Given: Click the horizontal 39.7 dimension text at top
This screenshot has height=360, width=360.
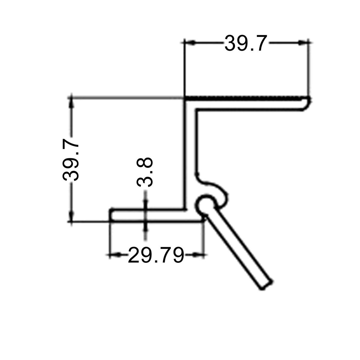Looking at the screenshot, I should (245, 43).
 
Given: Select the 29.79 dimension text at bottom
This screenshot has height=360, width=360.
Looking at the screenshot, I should (156, 255).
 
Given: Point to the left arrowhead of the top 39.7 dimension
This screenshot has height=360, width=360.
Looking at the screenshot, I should (190, 43).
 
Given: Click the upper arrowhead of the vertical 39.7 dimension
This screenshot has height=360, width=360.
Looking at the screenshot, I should (71, 102).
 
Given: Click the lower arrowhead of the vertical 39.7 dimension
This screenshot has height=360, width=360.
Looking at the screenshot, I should (71, 217).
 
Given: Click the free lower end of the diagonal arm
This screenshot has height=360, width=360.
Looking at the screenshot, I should (266, 285).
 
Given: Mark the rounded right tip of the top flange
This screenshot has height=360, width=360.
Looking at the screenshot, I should (307, 103).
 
